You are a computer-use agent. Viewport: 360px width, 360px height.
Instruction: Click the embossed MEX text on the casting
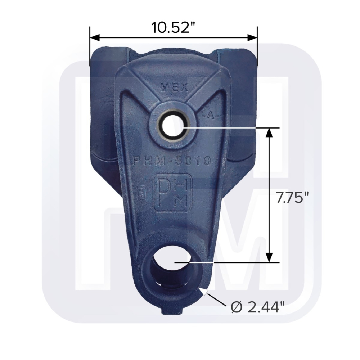[x=173, y=87]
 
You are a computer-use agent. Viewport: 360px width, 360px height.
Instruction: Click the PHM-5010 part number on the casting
[x=172, y=161]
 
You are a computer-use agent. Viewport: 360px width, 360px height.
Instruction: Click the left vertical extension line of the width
[x=90, y=47]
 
